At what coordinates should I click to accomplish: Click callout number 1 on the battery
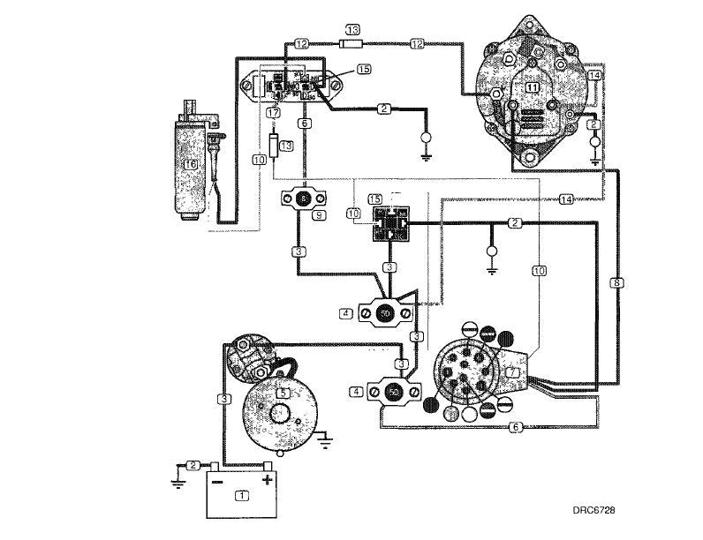point(241,496)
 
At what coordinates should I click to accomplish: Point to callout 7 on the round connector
point(513,373)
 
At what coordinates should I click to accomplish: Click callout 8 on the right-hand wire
point(616,283)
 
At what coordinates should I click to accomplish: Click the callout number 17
point(274,113)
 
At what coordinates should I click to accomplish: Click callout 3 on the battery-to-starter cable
point(225,400)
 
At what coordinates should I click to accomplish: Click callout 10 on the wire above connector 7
point(539,271)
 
